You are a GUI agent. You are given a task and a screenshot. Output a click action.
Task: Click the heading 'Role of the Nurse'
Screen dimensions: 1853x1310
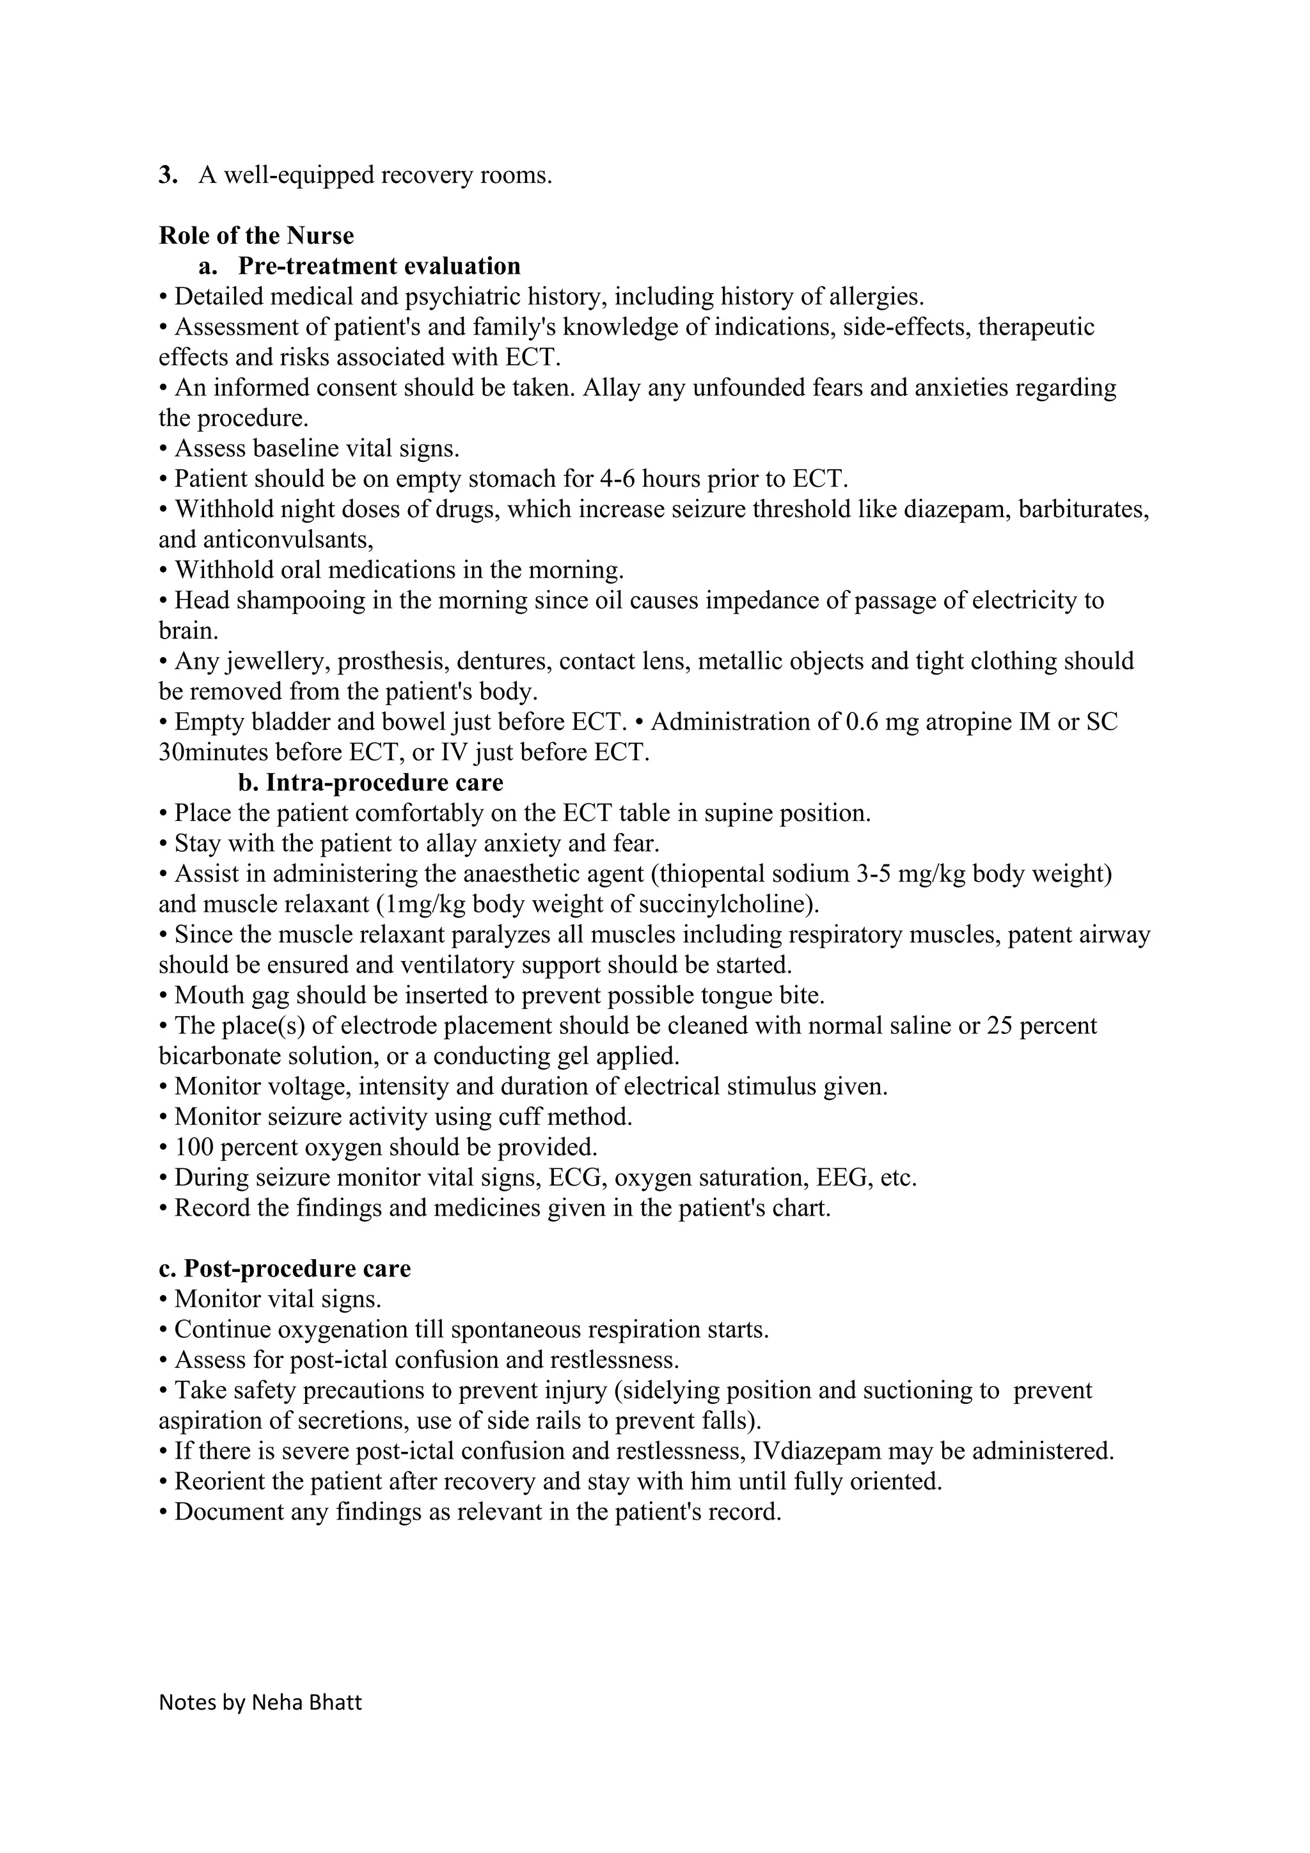click(x=256, y=235)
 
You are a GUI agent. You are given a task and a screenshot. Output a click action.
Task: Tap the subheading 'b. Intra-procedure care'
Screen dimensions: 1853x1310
click(x=370, y=783)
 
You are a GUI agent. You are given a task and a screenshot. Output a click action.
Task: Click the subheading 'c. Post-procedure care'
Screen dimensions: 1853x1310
click(x=285, y=1269)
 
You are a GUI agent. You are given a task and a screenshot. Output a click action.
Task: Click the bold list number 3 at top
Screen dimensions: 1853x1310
click(x=166, y=175)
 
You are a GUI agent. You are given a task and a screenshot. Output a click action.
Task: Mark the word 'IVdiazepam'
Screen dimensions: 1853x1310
click(x=816, y=1451)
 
